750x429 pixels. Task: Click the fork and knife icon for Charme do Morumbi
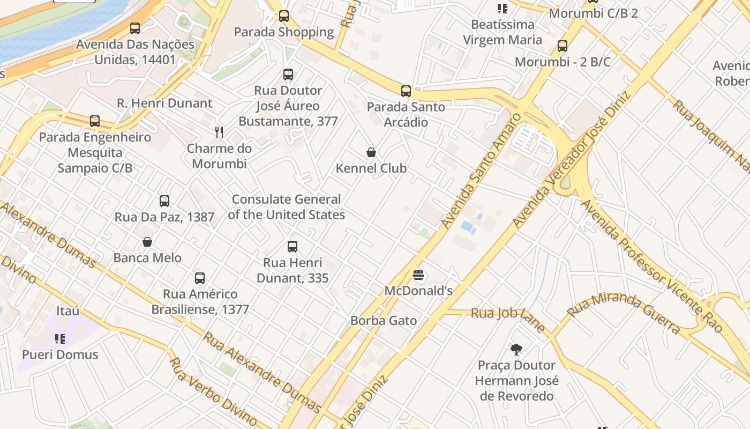click(219, 132)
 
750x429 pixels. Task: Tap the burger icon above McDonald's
click(419, 276)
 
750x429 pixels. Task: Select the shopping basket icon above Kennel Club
click(371, 153)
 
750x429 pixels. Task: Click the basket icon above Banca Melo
click(147, 242)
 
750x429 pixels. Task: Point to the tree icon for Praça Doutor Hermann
click(516, 350)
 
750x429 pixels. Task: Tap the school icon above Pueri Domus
click(60, 339)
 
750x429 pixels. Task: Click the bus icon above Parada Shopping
click(284, 16)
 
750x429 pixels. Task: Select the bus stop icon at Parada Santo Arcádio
click(406, 91)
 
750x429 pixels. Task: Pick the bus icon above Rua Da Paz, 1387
click(164, 201)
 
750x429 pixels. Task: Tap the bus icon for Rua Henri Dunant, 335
click(292, 247)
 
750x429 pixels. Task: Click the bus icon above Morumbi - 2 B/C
click(562, 46)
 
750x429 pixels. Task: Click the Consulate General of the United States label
click(286, 207)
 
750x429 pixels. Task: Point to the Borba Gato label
click(384, 321)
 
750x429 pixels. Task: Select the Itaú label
click(68, 311)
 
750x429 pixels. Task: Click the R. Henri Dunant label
click(164, 103)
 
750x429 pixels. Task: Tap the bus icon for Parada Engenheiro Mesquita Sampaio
click(95, 121)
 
